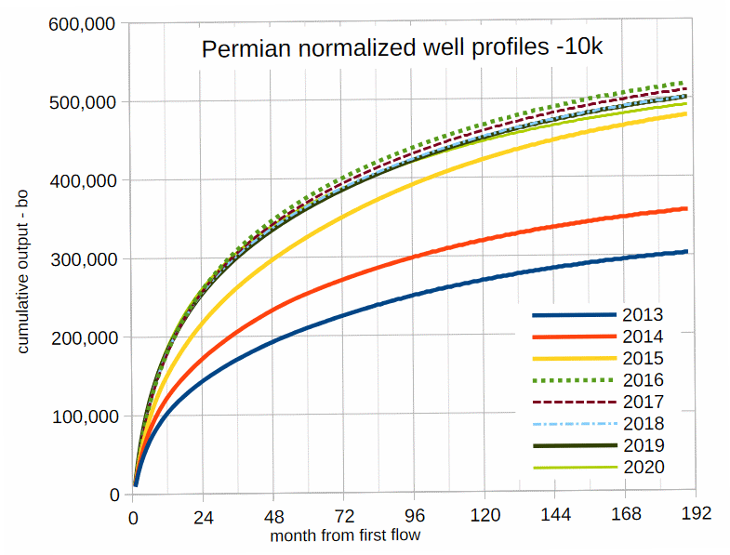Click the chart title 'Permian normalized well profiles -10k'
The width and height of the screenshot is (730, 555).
click(x=402, y=47)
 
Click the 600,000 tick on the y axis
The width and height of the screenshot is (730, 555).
click(x=82, y=23)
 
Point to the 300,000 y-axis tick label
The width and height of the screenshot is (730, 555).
click(x=82, y=259)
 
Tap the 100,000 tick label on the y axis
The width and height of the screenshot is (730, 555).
click(x=82, y=416)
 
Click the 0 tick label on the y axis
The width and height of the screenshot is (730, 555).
click(x=114, y=496)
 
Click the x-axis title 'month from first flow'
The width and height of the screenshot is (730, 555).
click(x=345, y=536)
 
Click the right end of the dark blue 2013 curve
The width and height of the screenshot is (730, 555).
click(x=686, y=251)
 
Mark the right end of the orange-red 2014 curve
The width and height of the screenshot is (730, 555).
click(x=686, y=208)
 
